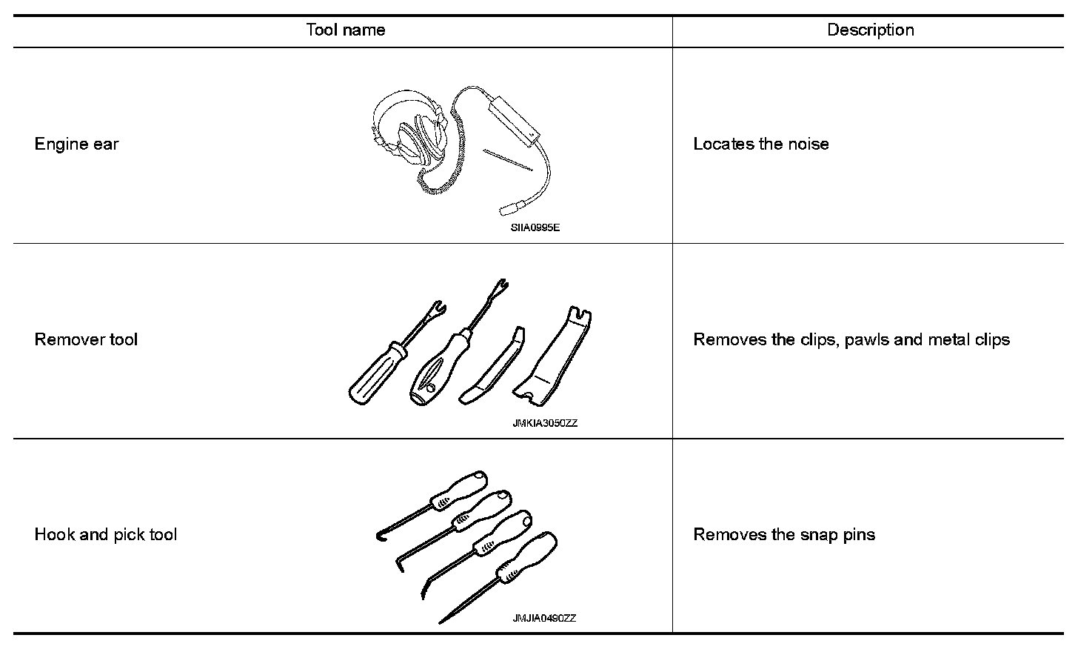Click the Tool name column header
[345, 30]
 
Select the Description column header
[870, 30]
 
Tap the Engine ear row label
[76, 144]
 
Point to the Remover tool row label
[86, 339]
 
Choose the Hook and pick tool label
[106, 534]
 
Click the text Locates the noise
[760, 144]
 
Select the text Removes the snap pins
[783, 534]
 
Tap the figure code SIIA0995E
[535, 228]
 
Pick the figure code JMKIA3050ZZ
[544, 424]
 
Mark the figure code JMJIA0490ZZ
[544, 619]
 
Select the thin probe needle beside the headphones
[508, 159]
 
